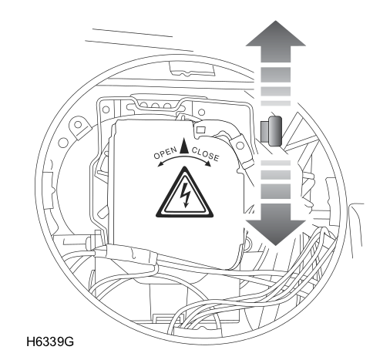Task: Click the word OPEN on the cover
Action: pos(166,153)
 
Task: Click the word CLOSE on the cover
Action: pos(206,153)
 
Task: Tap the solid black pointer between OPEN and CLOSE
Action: pos(184,146)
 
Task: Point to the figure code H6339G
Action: pos(50,341)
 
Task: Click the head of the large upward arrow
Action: pos(276,33)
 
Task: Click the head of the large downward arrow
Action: pos(276,233)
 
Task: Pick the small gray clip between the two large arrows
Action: pos(271,131)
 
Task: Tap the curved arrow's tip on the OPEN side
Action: pos(159,165)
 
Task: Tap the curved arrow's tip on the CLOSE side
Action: pos(209,164)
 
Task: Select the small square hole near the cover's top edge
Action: pos(200,130)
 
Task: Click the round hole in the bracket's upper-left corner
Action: pos(106,109)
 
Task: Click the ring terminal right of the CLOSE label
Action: pos(240,146)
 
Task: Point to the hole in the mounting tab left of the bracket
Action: pos(78,125)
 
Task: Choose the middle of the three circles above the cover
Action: pos(156,106)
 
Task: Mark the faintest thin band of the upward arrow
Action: pos(276,103)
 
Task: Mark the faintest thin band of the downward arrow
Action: pos(276,163)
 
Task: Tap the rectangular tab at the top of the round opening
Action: pos(192,69)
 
